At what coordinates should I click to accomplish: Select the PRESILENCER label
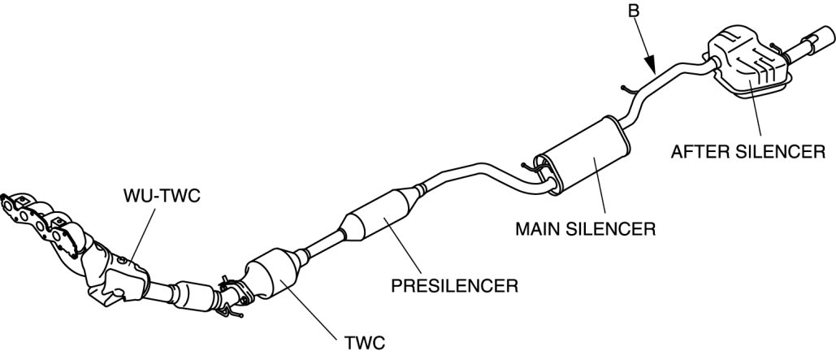[455, 286]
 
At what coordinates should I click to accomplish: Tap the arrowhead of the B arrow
[652, 69]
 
